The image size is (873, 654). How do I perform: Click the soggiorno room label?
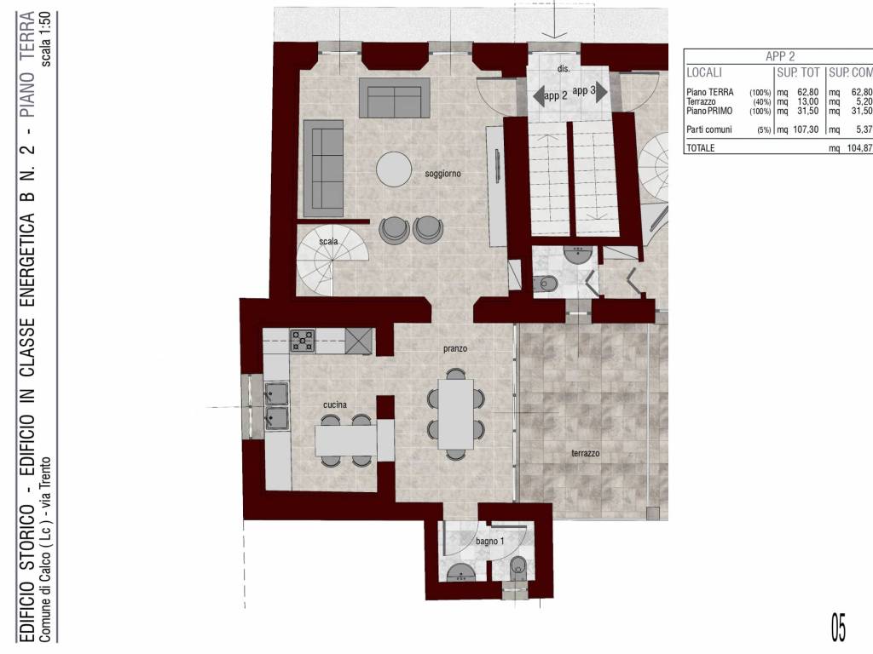(442, 174)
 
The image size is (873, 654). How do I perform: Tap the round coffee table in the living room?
(394, 169)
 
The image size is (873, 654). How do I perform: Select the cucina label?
(334, 404)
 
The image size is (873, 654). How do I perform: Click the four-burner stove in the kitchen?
(303, 341)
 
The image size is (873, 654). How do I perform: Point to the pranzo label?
(455, 348)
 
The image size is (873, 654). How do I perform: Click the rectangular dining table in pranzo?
(456, 414)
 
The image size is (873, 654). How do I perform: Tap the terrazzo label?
(585, 453)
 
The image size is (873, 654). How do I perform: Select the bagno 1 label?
(490, 541)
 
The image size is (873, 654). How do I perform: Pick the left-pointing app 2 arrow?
(539, 95)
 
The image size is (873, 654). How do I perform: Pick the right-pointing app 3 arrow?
(601, 91)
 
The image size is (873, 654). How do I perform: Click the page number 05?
(838, 628)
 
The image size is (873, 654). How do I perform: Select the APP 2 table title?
(780, 56)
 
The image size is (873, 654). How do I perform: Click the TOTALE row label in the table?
(701, 148)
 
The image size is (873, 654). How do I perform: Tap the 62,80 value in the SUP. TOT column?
(808, 92)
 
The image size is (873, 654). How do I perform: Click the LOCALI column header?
(704, 73)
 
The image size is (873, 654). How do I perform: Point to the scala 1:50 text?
(46, 39)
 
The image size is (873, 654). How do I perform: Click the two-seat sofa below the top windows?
(394, 98)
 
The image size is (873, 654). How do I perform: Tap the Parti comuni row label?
(709, 129)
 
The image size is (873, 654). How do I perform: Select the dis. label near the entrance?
(564, 69)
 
